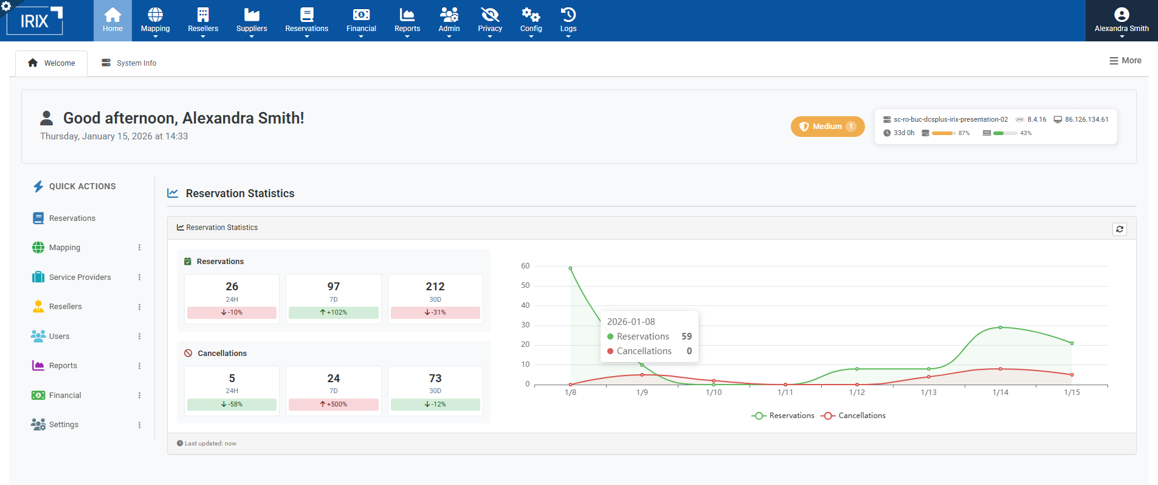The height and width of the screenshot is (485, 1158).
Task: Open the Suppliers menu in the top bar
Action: pos(252,21)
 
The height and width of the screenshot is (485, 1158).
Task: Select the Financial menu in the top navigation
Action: pos(361,21)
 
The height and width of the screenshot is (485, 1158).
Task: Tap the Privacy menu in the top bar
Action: pos(490,21)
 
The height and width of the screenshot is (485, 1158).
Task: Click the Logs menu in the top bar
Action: pos(568,21)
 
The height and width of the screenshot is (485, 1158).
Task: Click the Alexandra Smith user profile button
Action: pos(1122,21)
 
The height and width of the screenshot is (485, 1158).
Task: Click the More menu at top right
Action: pos(1125,61)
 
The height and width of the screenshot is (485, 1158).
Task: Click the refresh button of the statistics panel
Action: pos(1120,229)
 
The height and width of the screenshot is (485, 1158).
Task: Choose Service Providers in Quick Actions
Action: pos(80,277)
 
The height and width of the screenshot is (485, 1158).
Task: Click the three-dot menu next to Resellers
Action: pos(139,307)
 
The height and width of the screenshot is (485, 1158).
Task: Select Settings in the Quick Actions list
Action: pos(63,425)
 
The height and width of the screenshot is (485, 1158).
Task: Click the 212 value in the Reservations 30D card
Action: pos(435,287)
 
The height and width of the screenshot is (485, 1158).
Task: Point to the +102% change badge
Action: pos(334,313)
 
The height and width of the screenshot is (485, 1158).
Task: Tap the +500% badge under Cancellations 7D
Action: pos(334,405)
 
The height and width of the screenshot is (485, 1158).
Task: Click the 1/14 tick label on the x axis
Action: pos(1000,393)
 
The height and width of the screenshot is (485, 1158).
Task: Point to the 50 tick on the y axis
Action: pos(525,285)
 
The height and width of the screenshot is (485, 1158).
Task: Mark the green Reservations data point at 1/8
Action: pos(570,268)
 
